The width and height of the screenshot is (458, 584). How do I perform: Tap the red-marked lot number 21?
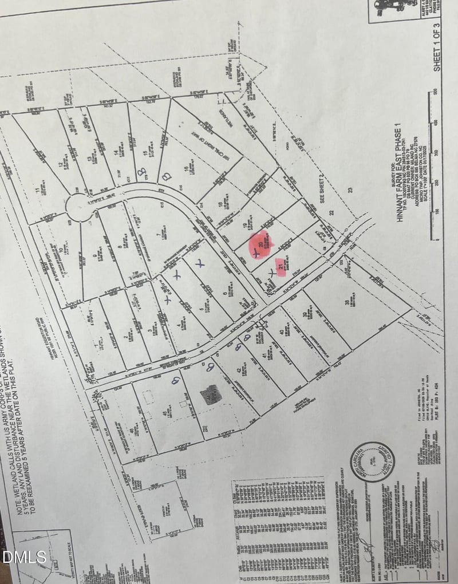(x=281, y=266)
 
